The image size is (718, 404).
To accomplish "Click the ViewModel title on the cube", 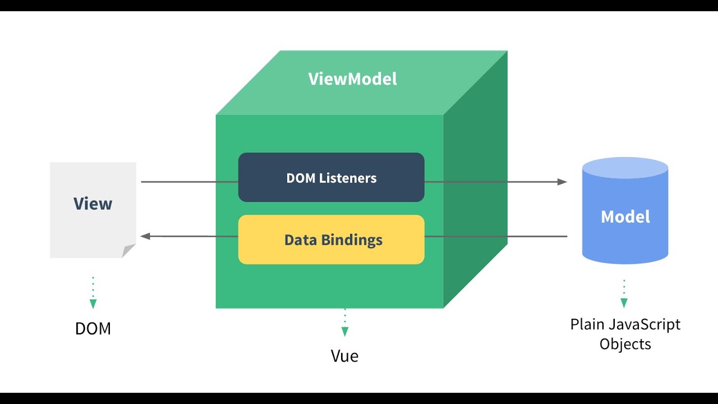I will tap(352, 79).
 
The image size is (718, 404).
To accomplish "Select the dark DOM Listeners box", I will tap(331, 177).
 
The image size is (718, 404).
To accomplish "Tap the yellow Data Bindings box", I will tap(331, 240).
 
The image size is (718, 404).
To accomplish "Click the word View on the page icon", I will tap(93, 204).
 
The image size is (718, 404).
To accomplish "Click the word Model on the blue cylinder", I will tap(625, 217).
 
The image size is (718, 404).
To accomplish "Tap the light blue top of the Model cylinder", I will tap(625, 168).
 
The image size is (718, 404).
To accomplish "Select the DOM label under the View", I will tap(93, 328).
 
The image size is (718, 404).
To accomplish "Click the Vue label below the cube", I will tap(344, 356).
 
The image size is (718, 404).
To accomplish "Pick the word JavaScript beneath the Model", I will tap(644, 324).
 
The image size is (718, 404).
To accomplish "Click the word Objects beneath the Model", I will tap(625, 343).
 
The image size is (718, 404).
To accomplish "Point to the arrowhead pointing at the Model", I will tap(561, 182).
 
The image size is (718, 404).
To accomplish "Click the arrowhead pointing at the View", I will tap(146, 236).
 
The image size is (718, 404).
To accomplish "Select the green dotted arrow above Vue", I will tap(344, 323).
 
